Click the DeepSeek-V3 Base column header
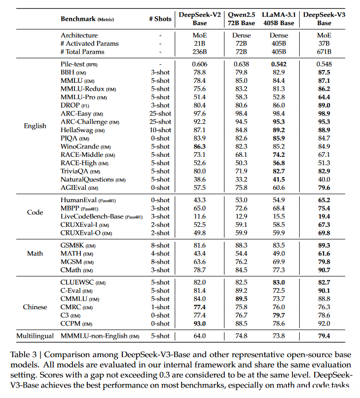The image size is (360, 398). (324, 19)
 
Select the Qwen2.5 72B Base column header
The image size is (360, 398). (241, 19)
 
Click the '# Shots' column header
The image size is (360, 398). (160, 19)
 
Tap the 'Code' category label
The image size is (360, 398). (35, 212)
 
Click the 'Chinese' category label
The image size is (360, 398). (35, 307)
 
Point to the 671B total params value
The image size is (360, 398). (324, 51)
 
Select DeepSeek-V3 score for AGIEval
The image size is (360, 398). (324, 187)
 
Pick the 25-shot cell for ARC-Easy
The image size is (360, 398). (160, 113)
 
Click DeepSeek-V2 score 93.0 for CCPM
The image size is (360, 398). (200, 324)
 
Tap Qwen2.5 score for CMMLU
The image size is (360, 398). (241, 299)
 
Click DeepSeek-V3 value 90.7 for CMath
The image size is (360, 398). (324, 270)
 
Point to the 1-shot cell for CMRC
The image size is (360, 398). (160, 307)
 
